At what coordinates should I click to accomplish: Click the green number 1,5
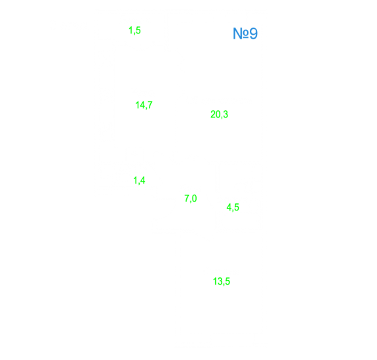tap(134, 31)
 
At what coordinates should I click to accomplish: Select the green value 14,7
tap(144, 105)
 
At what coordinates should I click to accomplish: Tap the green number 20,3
tap(219, 114)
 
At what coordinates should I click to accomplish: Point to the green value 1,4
tap(139, 180)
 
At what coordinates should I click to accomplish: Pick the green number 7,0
tap(191, 199)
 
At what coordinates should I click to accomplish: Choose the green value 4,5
tap(233, 207)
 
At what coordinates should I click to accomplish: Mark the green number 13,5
tap(222, 281)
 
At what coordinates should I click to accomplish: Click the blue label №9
tap(245, 33)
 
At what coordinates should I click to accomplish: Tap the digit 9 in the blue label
tap(254, 33)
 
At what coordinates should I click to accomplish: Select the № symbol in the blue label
tap(241, 33)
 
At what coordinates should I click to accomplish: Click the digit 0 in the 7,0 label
tap(195, 199)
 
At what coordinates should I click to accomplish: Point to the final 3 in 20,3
tap(226, 114)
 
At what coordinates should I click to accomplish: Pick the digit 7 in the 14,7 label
tap(149, 105)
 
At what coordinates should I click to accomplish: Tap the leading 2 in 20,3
tap(213, 114)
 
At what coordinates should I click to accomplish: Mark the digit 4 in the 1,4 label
tap(143, 180)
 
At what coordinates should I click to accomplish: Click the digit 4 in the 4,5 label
tap(229, 207)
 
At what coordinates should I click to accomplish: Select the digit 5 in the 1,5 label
tap(138, 30)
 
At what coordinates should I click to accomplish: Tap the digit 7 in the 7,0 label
tap(187, 199)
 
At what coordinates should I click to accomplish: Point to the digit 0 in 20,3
tap(218, 114)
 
